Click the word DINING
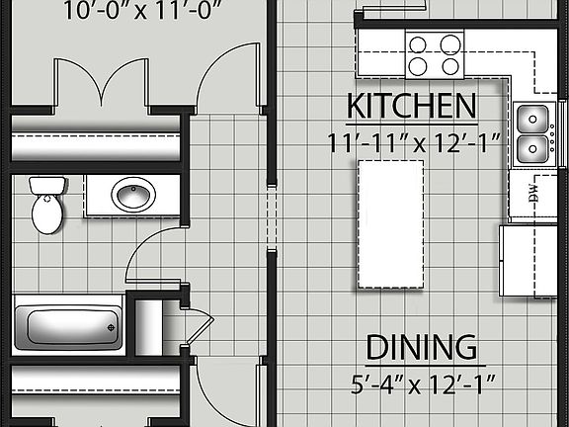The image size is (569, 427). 421,348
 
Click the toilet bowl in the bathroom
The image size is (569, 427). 46,214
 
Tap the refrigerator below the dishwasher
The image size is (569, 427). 531,259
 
